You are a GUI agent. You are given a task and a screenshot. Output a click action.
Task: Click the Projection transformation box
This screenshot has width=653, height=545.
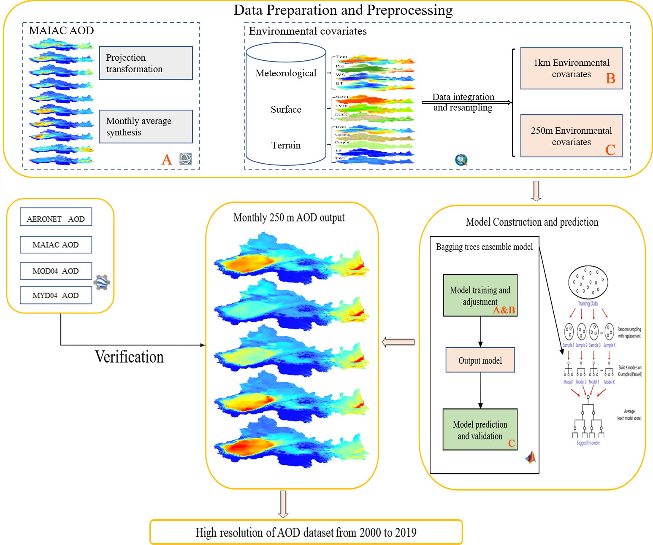146,63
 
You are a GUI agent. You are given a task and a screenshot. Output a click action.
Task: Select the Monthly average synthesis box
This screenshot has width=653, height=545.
146,127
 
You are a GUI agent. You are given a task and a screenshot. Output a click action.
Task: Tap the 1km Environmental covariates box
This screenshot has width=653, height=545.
571,68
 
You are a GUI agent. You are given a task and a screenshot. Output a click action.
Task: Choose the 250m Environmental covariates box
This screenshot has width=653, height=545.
571,136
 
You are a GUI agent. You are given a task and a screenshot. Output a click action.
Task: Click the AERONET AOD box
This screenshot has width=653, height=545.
56,217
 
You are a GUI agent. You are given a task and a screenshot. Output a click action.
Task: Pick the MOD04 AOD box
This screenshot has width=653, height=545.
56,271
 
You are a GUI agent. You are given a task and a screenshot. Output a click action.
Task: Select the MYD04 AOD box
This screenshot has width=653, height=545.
56,295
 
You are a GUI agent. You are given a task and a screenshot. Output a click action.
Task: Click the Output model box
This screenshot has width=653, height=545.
480,360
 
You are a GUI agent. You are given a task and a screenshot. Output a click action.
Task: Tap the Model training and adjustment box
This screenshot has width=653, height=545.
480,295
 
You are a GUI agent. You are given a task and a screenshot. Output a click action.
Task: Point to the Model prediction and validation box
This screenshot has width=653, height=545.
480,429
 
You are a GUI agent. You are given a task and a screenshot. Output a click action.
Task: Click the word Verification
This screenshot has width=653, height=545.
129,357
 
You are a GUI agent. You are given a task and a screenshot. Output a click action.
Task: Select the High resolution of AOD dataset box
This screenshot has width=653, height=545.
306,532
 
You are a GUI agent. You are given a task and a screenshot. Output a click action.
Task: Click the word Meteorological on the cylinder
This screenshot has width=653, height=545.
286,73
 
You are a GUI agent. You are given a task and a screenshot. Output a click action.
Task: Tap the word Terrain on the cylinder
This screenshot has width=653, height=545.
286,146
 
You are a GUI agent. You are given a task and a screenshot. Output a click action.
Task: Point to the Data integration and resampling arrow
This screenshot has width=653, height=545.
466,102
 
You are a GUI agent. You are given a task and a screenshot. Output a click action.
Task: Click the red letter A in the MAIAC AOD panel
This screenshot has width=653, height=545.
167,159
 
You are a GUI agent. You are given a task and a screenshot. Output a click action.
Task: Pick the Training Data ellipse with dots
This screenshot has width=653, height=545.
588,282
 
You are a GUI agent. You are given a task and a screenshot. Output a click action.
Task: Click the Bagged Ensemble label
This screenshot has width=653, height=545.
588,443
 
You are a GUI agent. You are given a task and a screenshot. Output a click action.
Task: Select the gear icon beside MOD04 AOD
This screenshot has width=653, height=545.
102,282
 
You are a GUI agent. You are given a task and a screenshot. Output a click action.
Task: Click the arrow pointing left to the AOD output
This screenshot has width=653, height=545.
398,342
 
